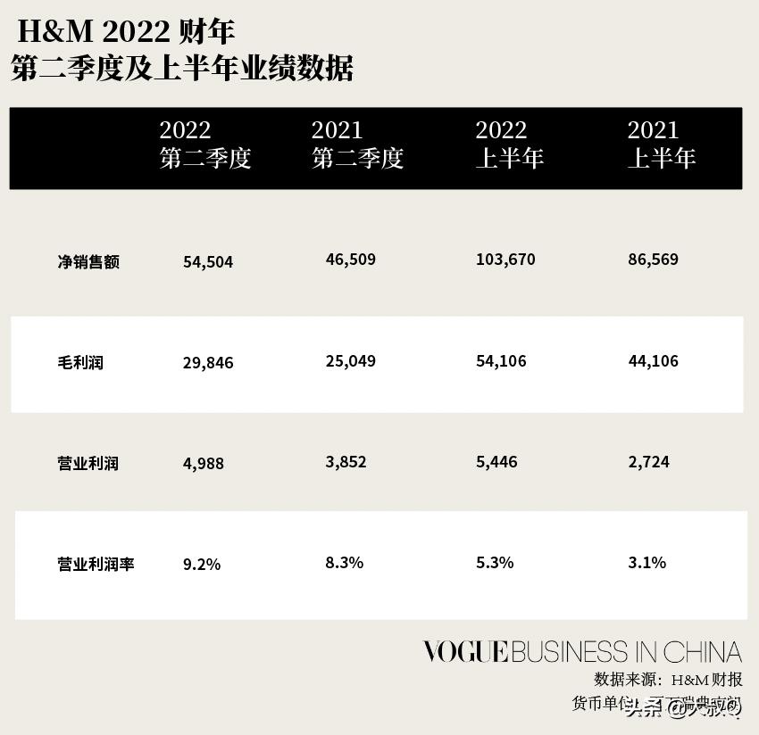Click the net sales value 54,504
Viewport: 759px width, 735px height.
tap(208, 262)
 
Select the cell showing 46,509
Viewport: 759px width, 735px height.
tap(351, 260)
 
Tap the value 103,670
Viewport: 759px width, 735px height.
tap(506, 260)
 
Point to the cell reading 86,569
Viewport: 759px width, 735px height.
tap(654, 260)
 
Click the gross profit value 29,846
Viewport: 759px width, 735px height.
tap(208, 363)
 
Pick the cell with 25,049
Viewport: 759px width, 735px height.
tap(351, 361)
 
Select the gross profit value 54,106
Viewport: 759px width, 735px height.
tap(502, 361)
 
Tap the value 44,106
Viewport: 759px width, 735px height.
tap(654, 361)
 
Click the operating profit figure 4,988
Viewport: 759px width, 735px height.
tap(204, 464)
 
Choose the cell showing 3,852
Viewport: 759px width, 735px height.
tap(346, 462)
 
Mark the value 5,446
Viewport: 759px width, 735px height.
tap(497, 462)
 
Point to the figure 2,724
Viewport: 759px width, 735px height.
tap(649, 462)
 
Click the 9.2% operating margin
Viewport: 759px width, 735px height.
tap(202, 565)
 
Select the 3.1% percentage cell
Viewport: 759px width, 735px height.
tap(647, 563)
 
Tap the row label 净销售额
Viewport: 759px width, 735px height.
tap(88, 262)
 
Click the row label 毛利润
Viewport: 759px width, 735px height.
tap(80, 363)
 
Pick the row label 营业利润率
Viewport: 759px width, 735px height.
tap(96, 565)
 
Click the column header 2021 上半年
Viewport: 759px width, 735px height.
tap(661, 145)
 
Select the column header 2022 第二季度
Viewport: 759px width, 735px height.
tap(205, 145)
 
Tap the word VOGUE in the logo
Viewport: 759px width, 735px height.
tap(465, 652)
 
